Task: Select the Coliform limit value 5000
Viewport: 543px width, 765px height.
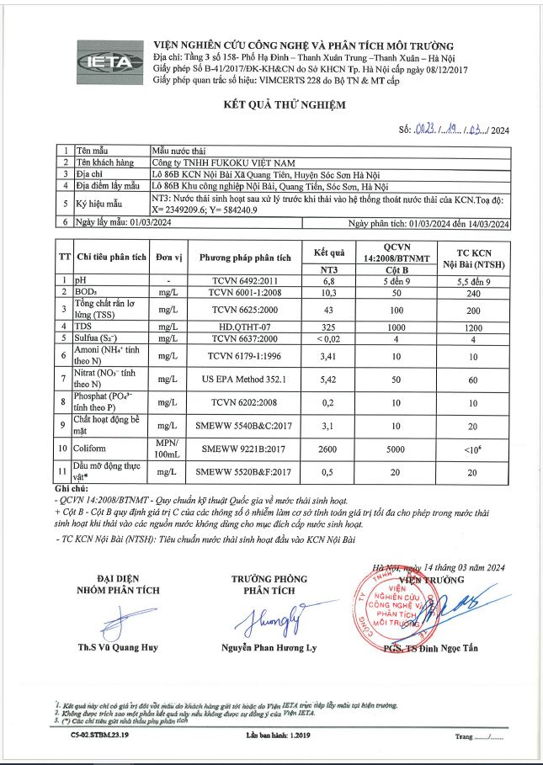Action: [x=396, y=450]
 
